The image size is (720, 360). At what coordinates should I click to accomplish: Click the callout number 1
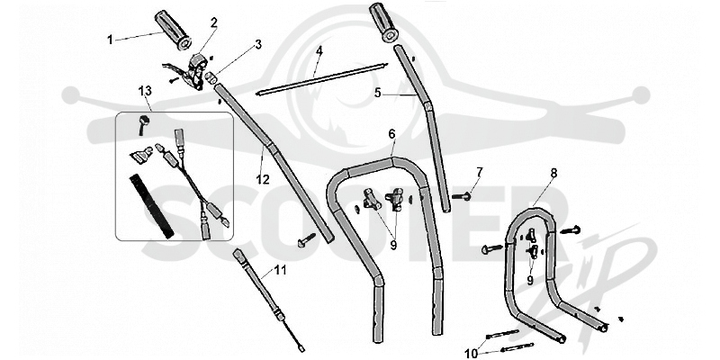click(110, 40)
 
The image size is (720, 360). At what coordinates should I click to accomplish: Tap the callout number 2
click(214, 22)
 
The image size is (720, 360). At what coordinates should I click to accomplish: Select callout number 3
click(258, 44)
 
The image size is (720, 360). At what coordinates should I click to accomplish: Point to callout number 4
click(319, 50)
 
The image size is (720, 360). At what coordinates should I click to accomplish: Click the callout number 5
click(377, 94)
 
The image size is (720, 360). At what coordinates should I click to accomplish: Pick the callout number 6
click(391, 134)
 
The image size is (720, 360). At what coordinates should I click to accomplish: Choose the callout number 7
click(480, 173)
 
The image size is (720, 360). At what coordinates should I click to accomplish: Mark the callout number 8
click(553, 173)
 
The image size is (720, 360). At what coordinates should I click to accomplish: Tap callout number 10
click(471, 354)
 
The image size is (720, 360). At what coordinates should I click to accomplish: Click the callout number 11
click(280, 270)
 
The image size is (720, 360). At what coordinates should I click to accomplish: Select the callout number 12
click(263, 179)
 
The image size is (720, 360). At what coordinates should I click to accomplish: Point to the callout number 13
click(145, 91)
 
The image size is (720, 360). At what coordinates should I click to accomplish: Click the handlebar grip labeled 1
click(173, 30)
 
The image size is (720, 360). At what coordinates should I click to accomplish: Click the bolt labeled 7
click(462, 196)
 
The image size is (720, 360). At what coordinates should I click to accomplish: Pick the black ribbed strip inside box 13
click(151, 206)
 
